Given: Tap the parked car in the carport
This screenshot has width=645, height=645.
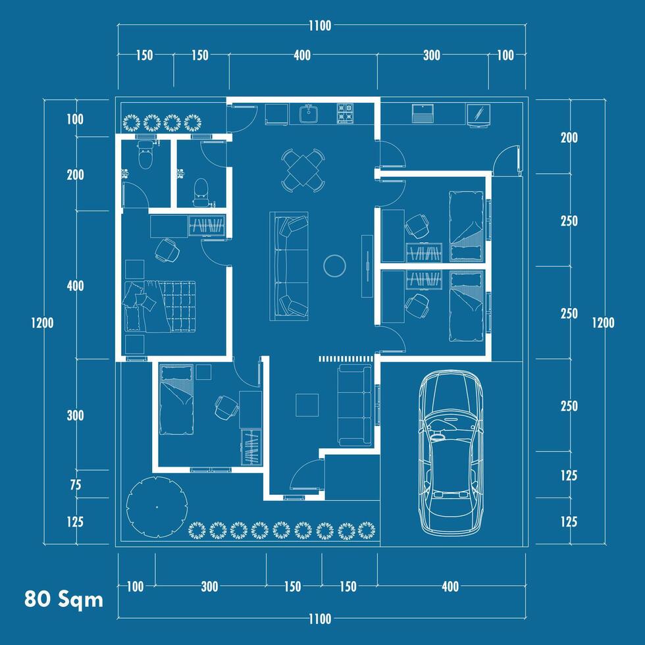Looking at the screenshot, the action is click(451, 453).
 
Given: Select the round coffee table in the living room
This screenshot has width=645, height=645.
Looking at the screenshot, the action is click(334, 266).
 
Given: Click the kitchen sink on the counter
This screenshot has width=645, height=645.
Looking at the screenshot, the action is click(308, 113).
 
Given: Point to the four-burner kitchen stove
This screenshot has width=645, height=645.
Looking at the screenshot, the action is click(345, 113).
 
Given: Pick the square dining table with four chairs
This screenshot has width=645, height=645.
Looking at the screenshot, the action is click(303, 170).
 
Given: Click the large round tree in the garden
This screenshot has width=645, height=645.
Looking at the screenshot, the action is click(157, 507).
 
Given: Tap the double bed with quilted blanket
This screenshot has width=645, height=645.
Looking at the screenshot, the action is click(159, 307).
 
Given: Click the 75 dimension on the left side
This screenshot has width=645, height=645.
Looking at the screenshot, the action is click(76, 485).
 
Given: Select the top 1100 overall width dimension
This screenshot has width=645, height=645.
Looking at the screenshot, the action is click(320, 26).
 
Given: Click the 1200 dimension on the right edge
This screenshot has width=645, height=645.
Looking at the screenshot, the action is click(603, 323).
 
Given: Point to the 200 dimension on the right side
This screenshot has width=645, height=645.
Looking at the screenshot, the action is click(569, 138).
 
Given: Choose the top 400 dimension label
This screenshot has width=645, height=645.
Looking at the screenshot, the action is click(302, 55).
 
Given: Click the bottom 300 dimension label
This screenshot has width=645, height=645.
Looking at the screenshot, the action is click(209, 586).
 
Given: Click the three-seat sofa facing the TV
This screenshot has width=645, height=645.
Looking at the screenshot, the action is click(289, 266).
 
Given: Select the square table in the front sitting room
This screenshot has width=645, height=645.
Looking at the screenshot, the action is click(307, 405).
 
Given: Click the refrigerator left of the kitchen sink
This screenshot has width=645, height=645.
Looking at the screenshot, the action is click(276, 114).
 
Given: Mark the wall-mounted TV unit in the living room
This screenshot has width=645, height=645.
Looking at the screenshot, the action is click(367, 266).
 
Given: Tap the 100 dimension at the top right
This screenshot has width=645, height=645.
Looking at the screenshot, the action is click(505, 55).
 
